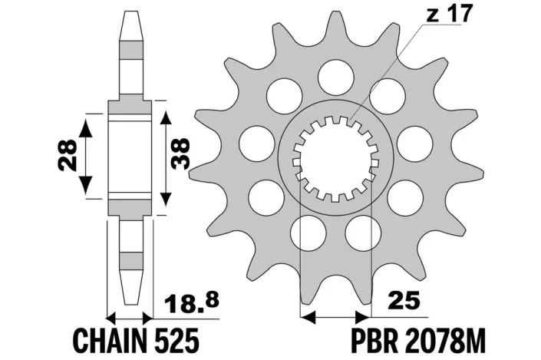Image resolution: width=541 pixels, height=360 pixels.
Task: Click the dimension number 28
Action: pos(67,154)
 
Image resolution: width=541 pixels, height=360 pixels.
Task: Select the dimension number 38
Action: pos(183,154)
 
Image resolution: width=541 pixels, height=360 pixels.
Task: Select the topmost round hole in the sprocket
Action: pos(332,74)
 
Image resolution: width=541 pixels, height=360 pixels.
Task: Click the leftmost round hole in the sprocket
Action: pos(252,141)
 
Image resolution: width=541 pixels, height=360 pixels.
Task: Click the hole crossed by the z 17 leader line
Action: pos(383,94)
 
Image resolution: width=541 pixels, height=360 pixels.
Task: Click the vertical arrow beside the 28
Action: pos(88,154)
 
